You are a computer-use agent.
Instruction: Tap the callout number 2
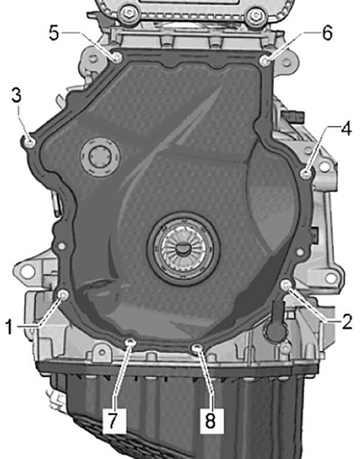pos(346,322)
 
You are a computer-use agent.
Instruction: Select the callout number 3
pos(16,96)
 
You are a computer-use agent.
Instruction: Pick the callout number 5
pos(54,33)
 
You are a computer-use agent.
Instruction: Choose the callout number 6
pos(328,33)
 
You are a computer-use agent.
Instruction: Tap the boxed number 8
pos(211,420)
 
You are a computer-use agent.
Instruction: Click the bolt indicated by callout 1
pos(63,296)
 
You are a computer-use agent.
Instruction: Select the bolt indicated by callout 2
pos(286,285)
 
